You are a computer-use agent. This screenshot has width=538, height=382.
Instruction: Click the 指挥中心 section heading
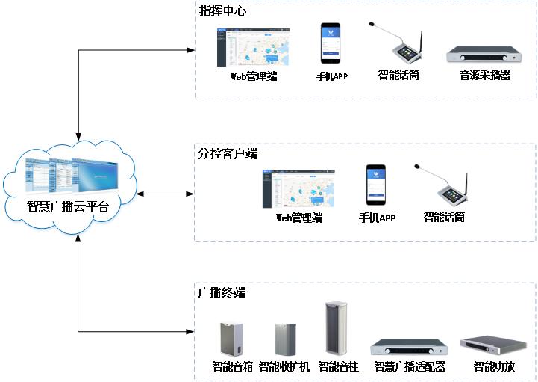222,12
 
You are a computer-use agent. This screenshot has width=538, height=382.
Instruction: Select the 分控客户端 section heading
228,153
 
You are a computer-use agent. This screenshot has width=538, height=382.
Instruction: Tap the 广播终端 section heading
222,293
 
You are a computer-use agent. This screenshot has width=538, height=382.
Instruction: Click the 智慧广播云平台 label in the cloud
69,207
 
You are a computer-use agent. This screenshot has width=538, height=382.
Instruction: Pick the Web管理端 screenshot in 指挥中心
253,47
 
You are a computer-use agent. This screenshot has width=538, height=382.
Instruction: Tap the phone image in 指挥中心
331,43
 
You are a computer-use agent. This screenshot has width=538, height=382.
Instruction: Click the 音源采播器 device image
484,55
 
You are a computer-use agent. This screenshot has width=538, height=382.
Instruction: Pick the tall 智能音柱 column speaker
337,328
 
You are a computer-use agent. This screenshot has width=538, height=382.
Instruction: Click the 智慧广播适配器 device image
409,348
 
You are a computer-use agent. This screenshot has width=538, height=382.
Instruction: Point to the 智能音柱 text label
338,367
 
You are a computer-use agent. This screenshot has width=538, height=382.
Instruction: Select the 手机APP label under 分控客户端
377,218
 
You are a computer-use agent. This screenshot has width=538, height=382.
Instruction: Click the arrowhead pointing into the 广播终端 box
190,331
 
